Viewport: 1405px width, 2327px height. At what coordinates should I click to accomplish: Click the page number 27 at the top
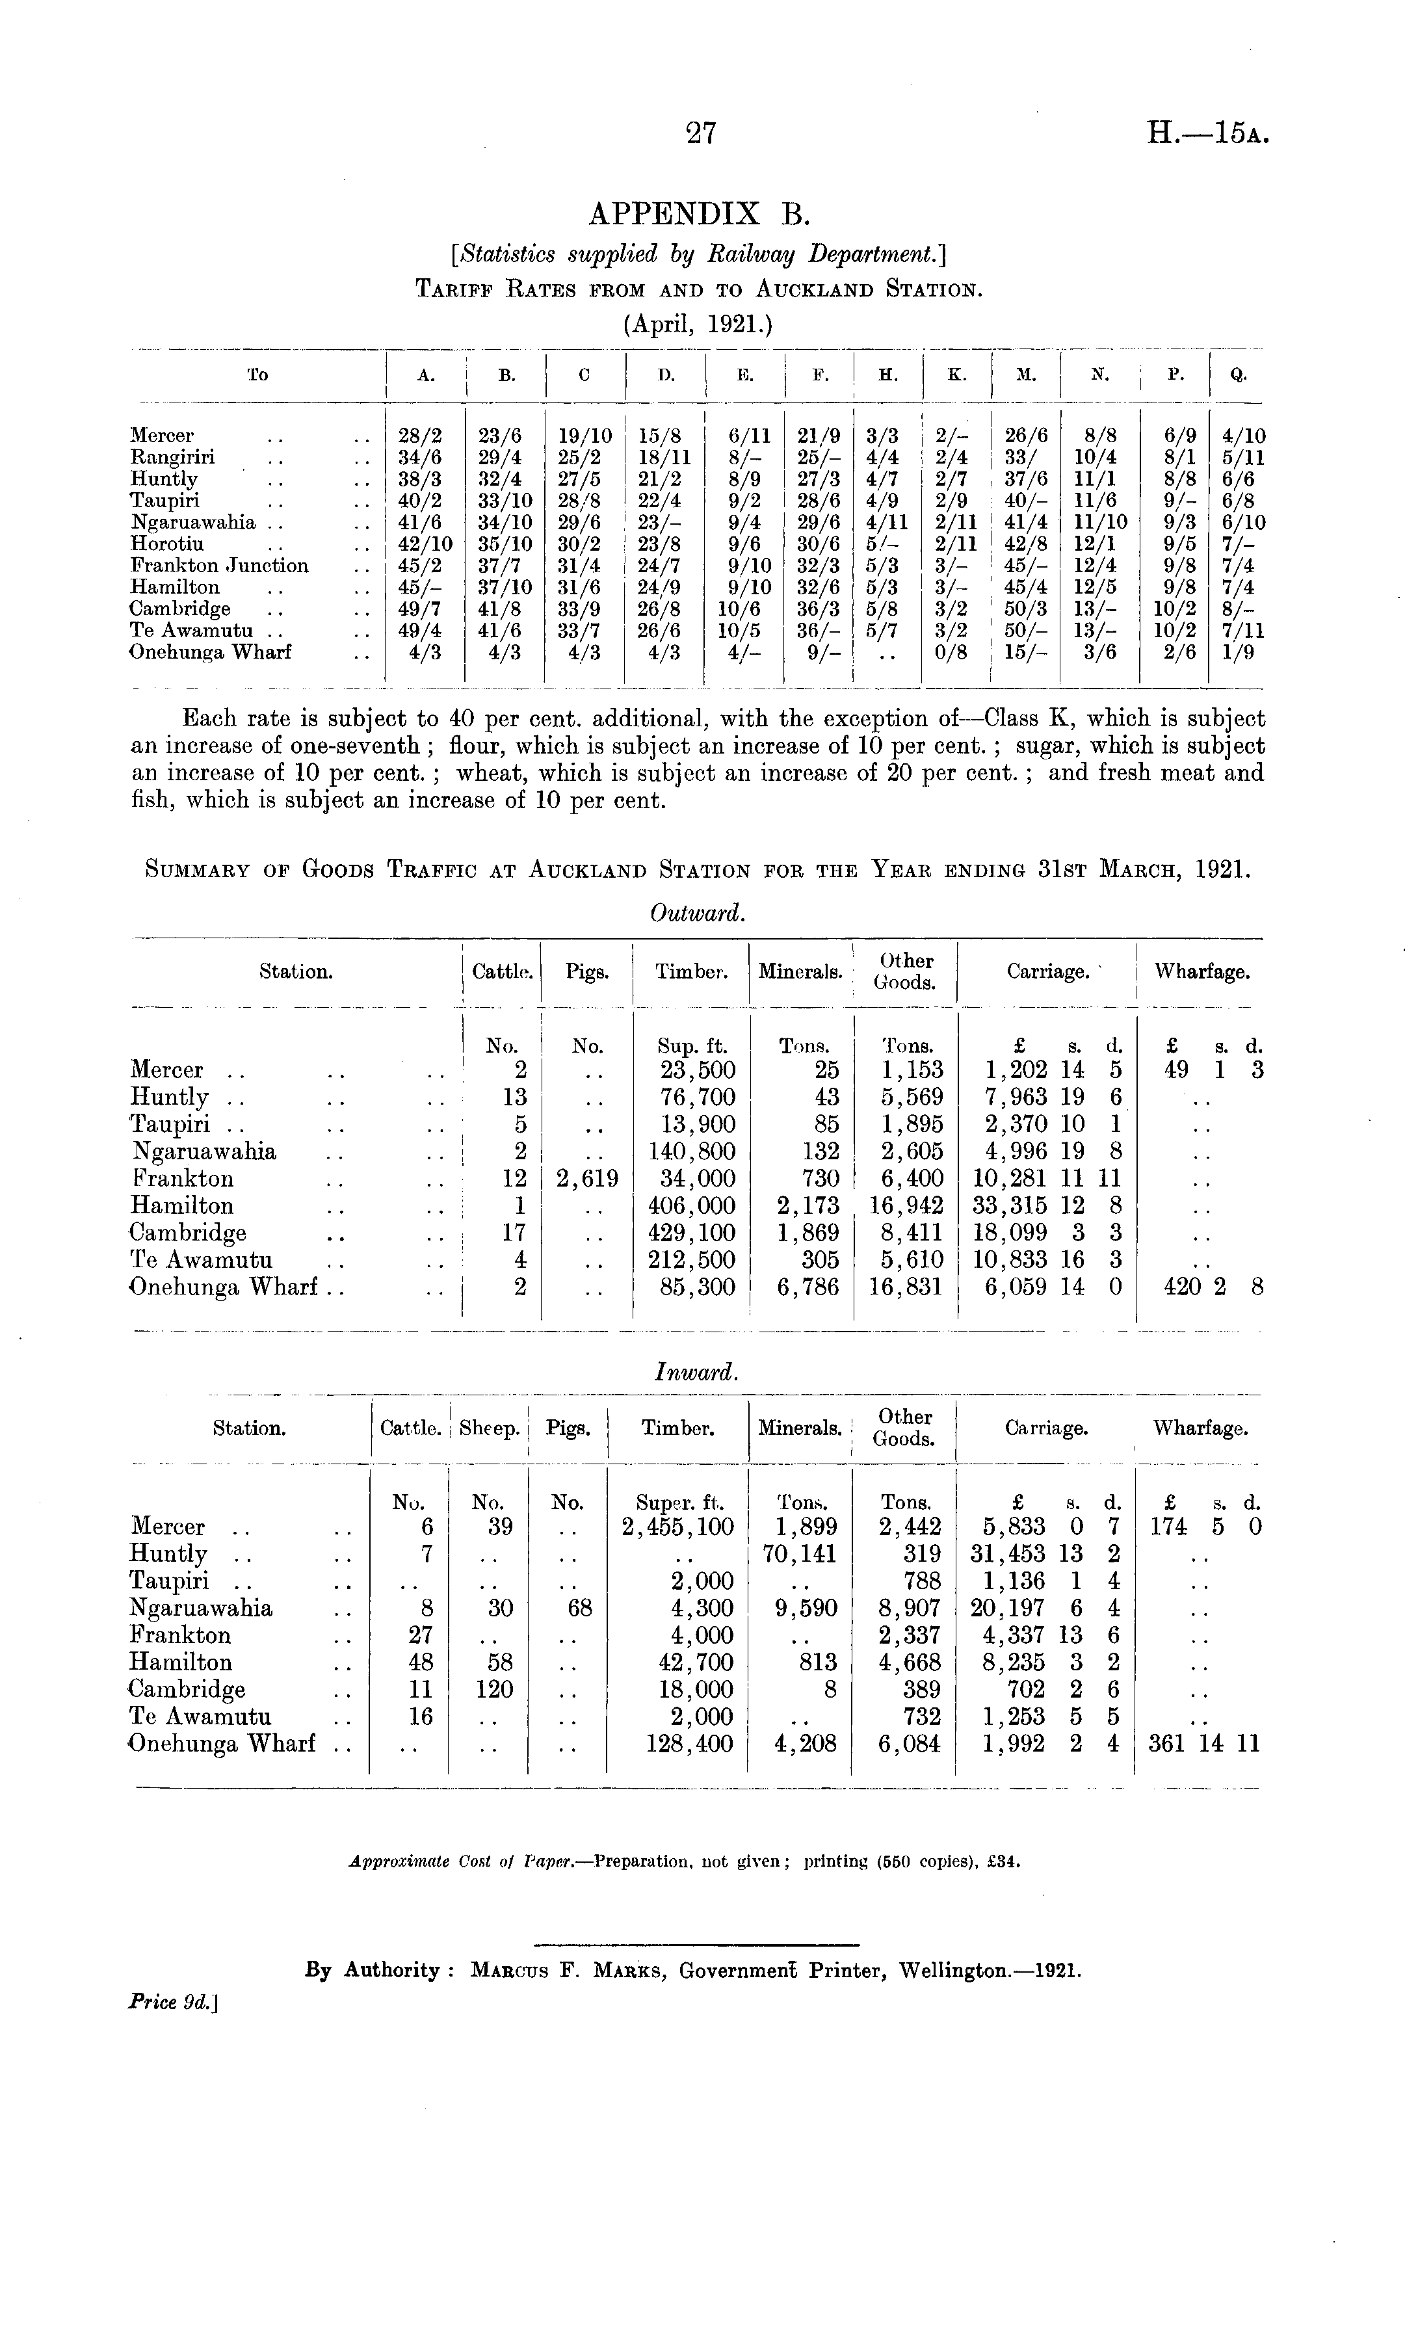pos(701,134)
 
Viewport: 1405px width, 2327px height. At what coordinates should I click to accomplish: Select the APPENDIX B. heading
pos(700,215)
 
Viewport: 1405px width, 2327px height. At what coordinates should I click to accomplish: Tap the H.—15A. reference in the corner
pos(1207,134)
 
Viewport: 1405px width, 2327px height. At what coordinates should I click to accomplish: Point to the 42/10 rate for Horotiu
pos(425,545)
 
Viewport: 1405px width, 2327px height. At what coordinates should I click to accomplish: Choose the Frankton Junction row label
pos(219,566)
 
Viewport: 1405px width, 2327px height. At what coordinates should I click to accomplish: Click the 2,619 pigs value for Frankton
pos(586,1179)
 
